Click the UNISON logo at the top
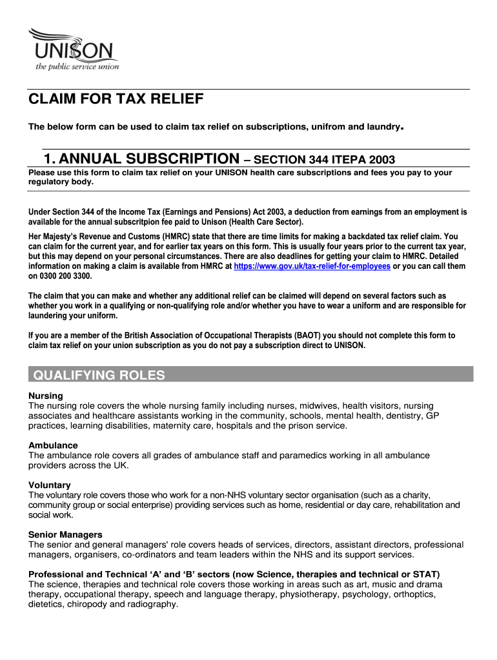[72, 45]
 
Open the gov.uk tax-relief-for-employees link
[312, 266]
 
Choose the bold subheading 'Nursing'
[46, 395]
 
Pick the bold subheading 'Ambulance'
[53, 445]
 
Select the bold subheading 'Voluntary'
[50, 485]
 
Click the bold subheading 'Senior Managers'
[65, 534]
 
